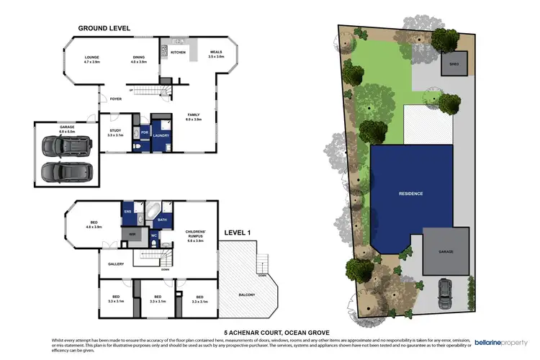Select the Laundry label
pos(161,134)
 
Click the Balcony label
pos(247,295)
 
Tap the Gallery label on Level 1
pos(116,264)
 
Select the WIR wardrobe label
pos(132,234)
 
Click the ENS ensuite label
pos(128,212)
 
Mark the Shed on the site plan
pos(454,63)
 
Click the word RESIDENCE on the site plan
pos(411,194)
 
